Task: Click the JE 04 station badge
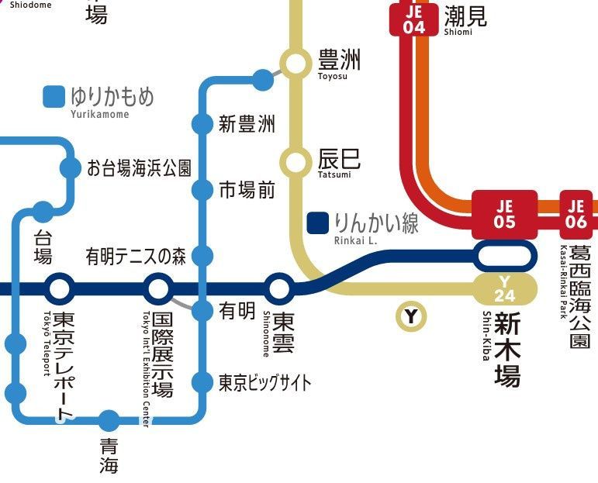coord(414,19)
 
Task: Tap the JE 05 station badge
coord(505,213)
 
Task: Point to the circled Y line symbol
coord(411,316)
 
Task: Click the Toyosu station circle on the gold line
coord(295,64)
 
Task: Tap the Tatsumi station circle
coord(295,163)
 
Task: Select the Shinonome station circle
coord(280,289)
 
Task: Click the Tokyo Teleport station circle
coord(59,289)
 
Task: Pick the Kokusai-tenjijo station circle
coord(158,289)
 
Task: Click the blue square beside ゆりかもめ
coord(54,97)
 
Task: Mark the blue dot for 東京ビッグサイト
coord(202,382)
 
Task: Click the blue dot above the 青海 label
coord(109,421)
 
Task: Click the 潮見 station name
coord(465,16)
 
